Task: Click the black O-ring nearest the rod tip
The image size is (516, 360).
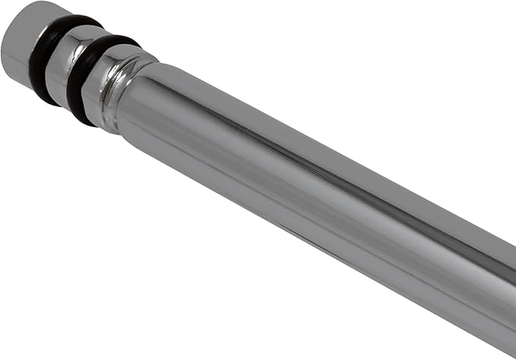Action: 47,61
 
